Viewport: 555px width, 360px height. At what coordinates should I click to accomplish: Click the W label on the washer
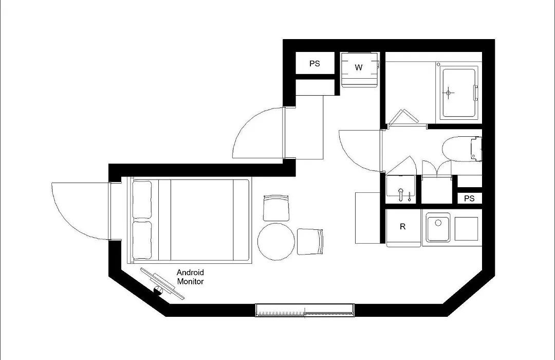(359, 67)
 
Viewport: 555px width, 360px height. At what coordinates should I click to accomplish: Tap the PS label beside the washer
(314, 63)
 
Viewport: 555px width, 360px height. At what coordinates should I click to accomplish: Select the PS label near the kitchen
(469, 199)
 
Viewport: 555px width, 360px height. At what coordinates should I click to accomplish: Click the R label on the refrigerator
(402, 226)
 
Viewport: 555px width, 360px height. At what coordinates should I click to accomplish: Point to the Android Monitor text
(191, 277)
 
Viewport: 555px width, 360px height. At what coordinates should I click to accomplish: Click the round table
(276, 241)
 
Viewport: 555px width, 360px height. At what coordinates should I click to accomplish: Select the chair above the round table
(276, 208)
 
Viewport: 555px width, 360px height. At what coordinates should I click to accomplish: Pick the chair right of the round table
(310, 241)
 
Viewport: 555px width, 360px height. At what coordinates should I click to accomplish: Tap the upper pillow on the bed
(142, 200)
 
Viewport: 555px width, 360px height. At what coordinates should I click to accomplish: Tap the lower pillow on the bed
(142, 240)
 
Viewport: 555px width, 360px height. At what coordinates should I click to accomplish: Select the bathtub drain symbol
(449, 93)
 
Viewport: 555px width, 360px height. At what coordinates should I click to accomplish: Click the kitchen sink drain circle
(438, 223)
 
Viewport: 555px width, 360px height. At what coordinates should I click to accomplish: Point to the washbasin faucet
(401, 194)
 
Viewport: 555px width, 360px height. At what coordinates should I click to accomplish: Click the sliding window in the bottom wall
(305, 310)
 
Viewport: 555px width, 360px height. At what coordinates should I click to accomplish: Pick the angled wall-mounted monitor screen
(162, 283)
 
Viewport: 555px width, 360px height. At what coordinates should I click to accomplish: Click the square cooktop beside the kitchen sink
(466, 229)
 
